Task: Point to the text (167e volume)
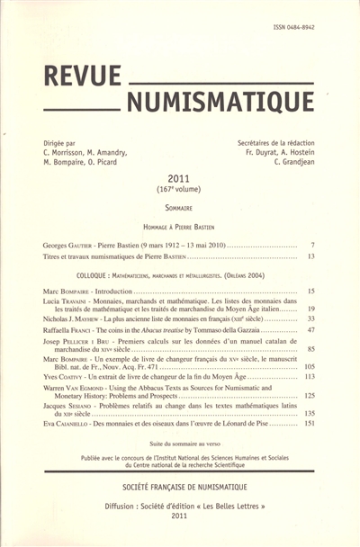click(x=179, y=192)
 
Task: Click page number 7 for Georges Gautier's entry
click(x=311, y=245)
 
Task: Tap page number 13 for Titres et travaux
click(x=310, y=256)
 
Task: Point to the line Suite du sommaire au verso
click(x=179, y=445)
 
